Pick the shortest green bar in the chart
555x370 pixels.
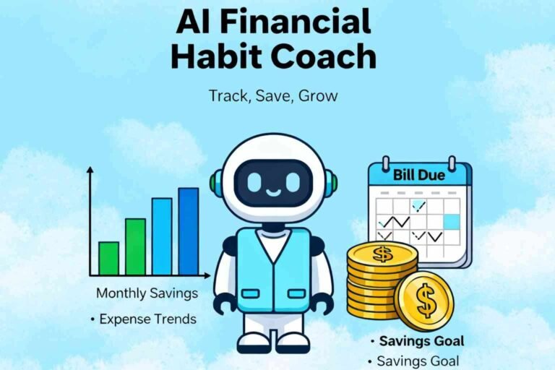[x=108, y=258]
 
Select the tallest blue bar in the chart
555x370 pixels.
[x=189, y=231]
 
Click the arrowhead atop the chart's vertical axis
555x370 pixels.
[x=90, y=171]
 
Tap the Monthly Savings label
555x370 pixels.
[x=147, y=294]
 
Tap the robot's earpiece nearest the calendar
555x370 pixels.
[x=332, y=181]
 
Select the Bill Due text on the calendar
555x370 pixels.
[x=419, y=174]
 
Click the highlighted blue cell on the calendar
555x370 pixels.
[x=451, y=222]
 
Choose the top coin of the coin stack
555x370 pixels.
[x=382, y=254]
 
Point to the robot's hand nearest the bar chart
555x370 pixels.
[x=223, y=301]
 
